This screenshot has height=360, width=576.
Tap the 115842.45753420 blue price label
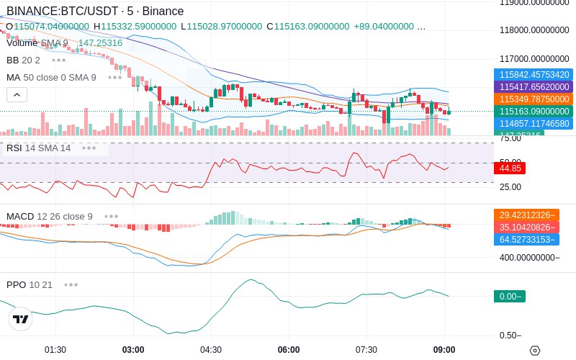coord(534,74)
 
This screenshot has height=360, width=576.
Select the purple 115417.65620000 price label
coord(534,86)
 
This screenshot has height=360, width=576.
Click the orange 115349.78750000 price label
coord(534,99)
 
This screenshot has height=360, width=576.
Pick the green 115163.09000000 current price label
coord(534,111)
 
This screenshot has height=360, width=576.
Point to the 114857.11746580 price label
coord(534,123)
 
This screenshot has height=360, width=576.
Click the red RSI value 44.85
coord(510,168)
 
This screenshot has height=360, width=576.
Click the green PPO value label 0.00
coord(509,296)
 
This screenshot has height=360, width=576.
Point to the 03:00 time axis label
coord(133,350)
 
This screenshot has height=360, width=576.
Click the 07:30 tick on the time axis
coord(366,350)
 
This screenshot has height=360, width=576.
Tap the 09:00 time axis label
coord(444,350)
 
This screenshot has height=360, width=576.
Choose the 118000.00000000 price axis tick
coord(534,30)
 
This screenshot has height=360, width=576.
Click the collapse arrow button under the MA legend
coord(17,94)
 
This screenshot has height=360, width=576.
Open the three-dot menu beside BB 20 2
coord(58,60)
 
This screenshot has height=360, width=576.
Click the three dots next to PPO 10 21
coord(71,284)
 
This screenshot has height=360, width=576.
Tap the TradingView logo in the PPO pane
coord(21,319)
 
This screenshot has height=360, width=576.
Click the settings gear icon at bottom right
coord(534,351)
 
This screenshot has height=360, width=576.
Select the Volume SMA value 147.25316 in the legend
coord(100,43)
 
